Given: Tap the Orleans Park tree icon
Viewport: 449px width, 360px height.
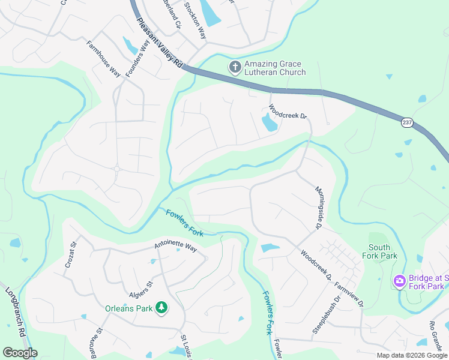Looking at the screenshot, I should (x=161, y=308).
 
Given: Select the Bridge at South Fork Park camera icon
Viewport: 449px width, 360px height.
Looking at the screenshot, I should (x=399, y=281).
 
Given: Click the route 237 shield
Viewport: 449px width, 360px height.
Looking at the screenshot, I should (x=408, y=122).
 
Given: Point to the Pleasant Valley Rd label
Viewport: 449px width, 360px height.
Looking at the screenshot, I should (x=159, y=46).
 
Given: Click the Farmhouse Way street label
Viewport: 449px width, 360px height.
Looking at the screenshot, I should (x=103, y=58).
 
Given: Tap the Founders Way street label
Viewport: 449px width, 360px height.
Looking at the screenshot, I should (x=136, y=58).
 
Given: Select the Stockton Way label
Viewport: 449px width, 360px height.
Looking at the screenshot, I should (x=195, y=20).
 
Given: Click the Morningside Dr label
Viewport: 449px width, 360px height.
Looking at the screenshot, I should (x=319, y=208).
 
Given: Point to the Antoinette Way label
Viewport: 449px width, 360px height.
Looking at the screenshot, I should (x=175, y=247).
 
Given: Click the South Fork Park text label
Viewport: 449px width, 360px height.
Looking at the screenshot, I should (x=379, y=251).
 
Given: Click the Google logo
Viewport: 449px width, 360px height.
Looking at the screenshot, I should (x=20, y=353).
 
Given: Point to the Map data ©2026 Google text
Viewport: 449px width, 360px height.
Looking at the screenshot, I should (x=412, y=355).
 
